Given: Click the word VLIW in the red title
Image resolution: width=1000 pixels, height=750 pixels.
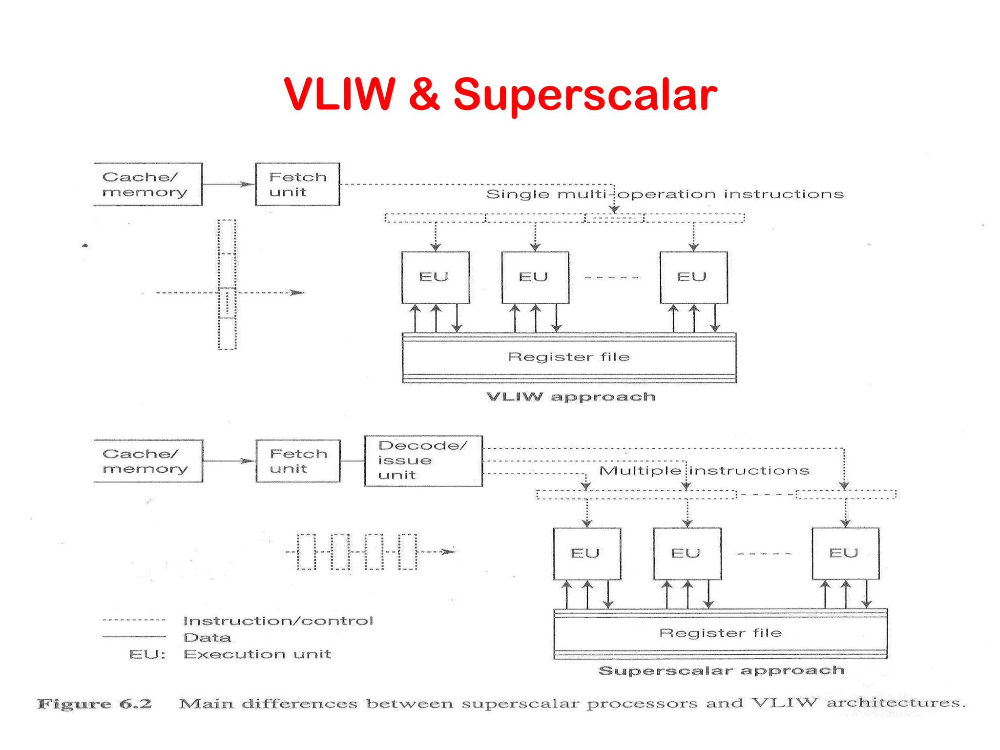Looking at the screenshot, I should click(339, 94).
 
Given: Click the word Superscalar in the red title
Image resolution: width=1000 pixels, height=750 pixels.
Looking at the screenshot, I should click(584, 95).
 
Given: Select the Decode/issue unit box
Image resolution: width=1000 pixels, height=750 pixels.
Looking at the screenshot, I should click(423, 460).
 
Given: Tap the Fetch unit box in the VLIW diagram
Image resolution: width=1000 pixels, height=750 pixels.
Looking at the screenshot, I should click(297, 184).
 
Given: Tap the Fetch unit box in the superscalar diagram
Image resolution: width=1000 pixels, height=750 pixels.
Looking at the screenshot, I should click(298, 461).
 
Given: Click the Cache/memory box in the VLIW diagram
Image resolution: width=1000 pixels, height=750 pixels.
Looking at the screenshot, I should click(147, 184).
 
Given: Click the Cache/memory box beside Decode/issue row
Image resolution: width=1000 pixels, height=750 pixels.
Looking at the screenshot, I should click(147, 461).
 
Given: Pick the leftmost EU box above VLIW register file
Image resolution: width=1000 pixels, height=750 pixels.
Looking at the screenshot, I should click(435, 277).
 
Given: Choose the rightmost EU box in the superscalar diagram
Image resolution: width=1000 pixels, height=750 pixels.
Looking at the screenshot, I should click(845, 553).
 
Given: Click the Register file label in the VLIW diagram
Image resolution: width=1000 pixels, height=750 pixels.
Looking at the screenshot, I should click(568, 357).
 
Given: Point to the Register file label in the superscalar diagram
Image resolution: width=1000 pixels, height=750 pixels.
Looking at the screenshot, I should click(720, 633).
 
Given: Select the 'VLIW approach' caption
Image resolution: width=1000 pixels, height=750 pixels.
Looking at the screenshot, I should click(571, 396).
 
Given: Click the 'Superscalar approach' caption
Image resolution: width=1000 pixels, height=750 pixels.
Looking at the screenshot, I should click(721, 670).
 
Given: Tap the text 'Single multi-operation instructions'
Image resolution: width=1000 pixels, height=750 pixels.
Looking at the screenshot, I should click(665, 194).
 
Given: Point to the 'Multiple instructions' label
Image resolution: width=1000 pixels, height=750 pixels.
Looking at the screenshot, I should click(704, 471).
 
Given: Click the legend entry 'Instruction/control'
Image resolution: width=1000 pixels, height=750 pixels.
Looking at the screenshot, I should click(278, 621).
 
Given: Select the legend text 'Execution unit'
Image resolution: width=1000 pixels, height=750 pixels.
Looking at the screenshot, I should click(257, 654).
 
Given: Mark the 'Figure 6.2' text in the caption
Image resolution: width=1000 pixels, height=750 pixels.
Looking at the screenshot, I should click(95, 704).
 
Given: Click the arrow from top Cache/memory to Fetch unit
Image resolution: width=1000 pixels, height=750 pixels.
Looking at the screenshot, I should click(228, 184).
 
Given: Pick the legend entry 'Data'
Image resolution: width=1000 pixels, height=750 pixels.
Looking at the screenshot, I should click(207, 637).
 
